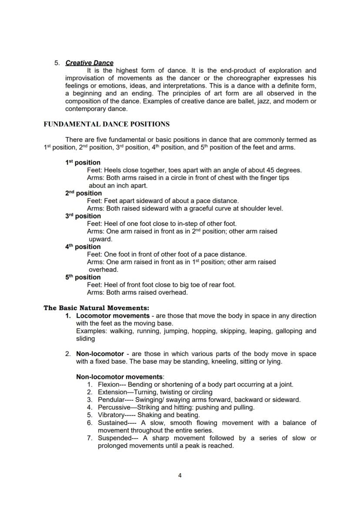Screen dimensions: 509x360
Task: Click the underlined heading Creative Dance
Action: [89, 63]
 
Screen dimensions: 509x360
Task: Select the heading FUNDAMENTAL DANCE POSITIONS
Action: [107, 124]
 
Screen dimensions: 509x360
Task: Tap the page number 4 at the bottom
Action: [180, 476]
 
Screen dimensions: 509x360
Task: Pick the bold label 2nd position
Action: [83, 193]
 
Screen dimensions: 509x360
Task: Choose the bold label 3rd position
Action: [83, 216]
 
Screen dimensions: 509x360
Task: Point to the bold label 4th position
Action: [83, 246]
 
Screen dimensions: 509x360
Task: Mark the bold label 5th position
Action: [83, 277]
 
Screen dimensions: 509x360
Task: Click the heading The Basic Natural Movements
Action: [96, 308]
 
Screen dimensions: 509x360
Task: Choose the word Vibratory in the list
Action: [112, 415]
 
